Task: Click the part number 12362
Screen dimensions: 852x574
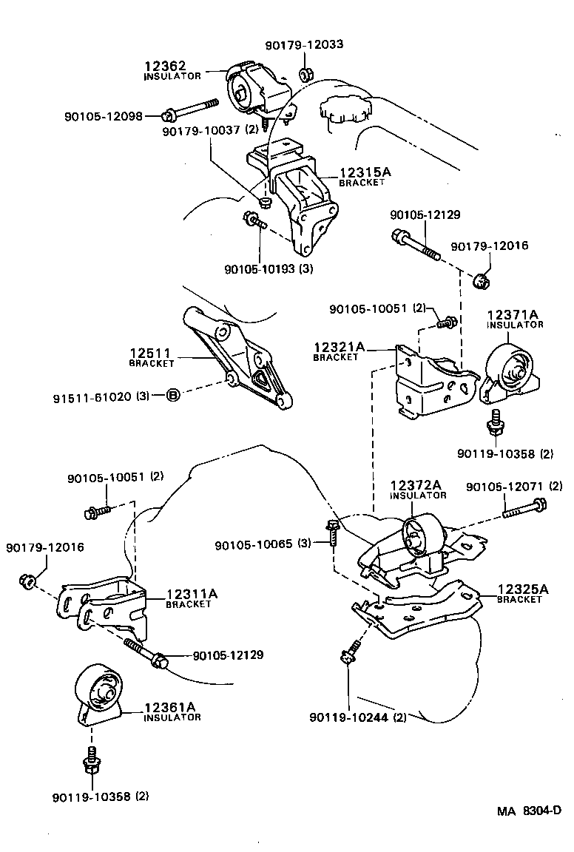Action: click(166, 66)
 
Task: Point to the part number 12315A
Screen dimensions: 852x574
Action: click(366, 172)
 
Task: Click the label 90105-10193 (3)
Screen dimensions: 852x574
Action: click(269, 268)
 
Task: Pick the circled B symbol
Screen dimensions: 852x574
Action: click(172, 396)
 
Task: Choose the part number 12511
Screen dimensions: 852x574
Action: click(152, 354)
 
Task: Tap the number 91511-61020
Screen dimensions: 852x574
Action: click(92, 396)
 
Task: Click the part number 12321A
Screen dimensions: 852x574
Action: click(339, 347)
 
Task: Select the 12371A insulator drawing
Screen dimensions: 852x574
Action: click(510, 373)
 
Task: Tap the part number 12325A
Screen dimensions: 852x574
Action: click(523, 589)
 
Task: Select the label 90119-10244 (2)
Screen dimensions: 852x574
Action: click(358, 716)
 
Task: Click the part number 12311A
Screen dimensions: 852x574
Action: click(192, 594)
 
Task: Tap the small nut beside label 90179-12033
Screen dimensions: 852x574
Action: click(305, 73)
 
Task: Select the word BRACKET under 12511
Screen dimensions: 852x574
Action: click(152, 364)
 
